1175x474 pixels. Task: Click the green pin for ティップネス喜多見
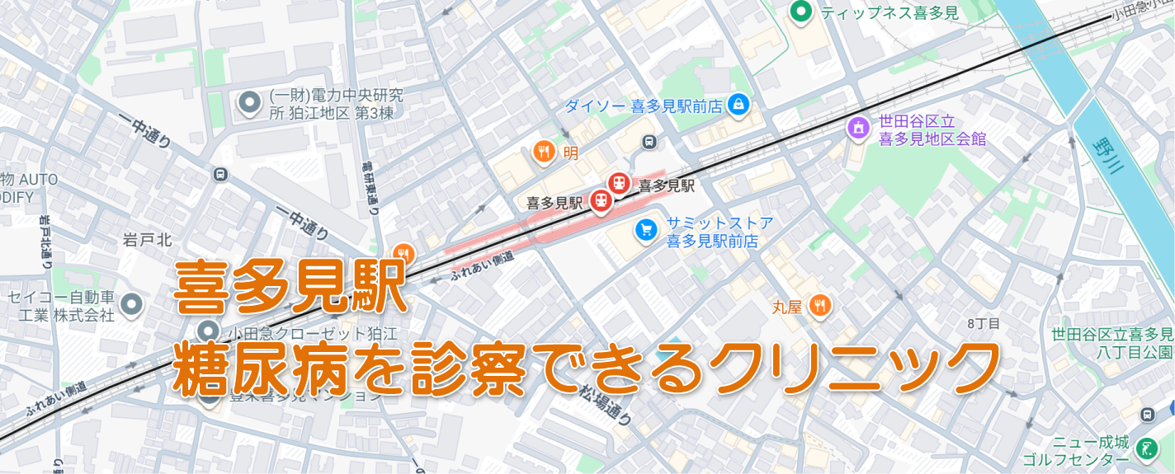point(799,12)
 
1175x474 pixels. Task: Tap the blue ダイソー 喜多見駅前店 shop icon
point(739,105)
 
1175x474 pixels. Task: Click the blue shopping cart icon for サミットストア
point(646,231)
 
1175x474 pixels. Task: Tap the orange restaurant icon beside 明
point(543,151)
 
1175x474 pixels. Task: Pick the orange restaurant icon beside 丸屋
point(819,307)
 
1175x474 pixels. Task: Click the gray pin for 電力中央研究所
point(248,103)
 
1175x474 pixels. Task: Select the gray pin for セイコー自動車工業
point(131,305)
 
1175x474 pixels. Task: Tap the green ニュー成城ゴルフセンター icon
point(1146,449)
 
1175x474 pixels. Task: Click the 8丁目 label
point(983,323)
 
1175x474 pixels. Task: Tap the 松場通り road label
point(605,404)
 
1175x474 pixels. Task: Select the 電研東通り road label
point(371,187)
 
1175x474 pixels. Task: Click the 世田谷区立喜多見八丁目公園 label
point(1111,343)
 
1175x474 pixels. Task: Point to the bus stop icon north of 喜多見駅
point(649,142)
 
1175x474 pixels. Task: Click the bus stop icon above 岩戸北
point(219,174)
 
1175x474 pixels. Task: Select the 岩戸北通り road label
point(45,242)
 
